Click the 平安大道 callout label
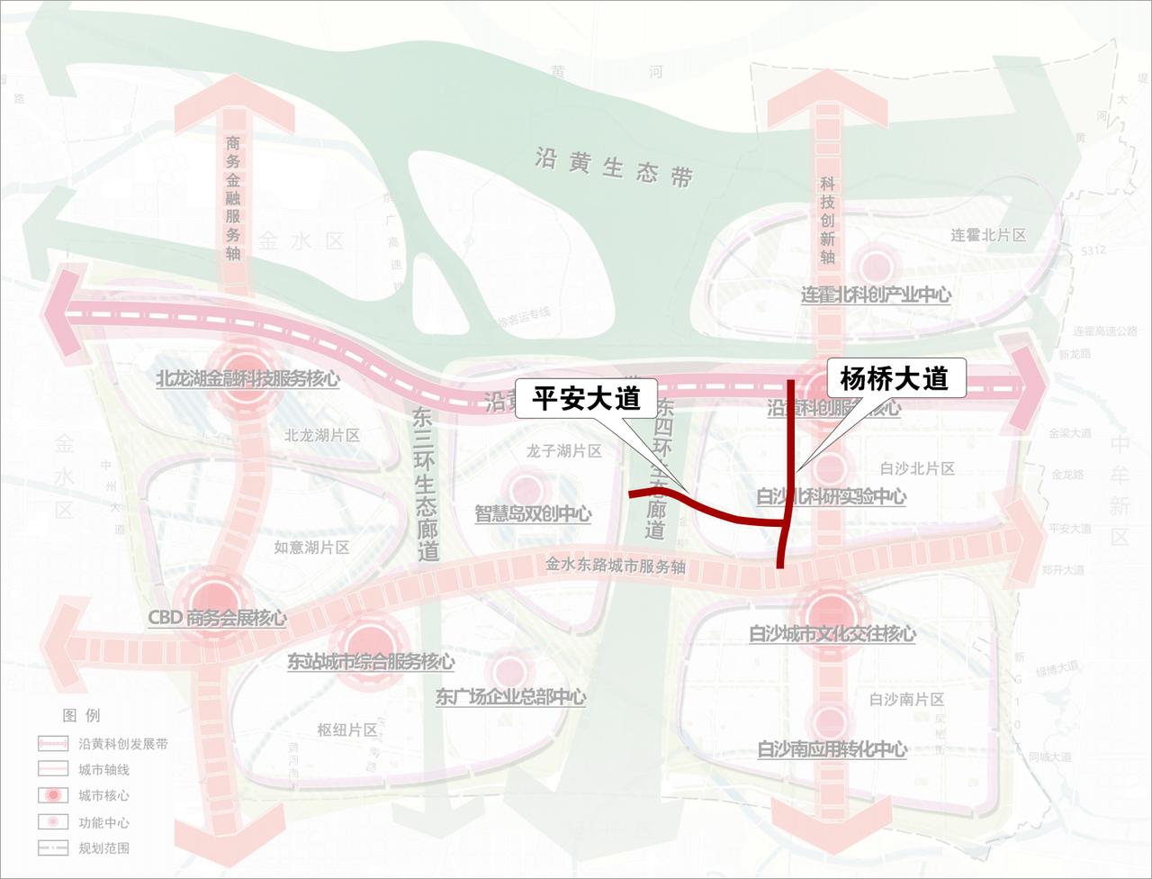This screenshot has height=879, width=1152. (585, 399)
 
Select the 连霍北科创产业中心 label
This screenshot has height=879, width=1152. (876, 295)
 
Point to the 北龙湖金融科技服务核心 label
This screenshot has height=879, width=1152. (247, 378)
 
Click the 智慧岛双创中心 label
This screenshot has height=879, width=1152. (533, 514)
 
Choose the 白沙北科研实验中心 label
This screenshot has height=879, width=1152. (831, 496)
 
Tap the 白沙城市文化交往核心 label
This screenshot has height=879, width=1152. (832, 634)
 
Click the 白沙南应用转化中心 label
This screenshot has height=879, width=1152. (832, 749)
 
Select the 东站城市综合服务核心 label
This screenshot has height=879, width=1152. (370, 662)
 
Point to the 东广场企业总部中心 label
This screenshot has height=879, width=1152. (510, 697)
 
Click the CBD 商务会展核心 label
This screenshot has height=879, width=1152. (217, 618)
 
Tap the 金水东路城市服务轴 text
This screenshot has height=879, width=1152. (616, 566)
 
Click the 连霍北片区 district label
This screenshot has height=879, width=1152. (988, 235)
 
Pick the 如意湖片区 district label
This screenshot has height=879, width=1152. (311, 547)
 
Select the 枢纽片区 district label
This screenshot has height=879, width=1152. (347, 729)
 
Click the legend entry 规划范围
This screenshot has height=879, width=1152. (103, 848)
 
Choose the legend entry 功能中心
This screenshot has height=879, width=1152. (103, 822)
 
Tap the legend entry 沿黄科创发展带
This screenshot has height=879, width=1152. (122, 744)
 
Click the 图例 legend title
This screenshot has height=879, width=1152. (81, 716)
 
